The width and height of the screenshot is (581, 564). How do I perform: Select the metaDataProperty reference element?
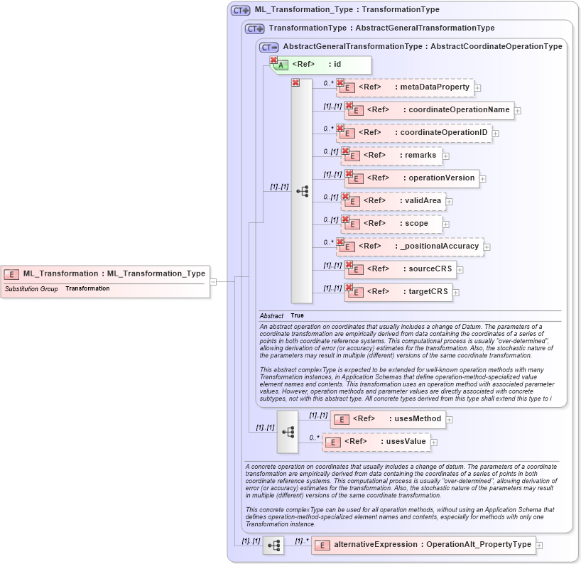pos(405,87)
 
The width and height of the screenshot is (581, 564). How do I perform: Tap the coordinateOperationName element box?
pos(430,110)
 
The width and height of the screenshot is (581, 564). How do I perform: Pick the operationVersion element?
pos(412,178)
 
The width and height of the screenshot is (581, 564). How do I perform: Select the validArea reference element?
pos(394,201)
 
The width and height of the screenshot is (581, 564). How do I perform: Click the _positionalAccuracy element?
pos(410,246)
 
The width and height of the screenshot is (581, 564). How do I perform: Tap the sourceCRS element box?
pos(401,269)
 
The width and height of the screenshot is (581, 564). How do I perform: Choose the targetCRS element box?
pos(398,292)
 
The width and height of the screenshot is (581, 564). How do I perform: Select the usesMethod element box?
pos(389,419)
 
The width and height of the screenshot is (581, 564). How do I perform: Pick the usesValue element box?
pos(376,442)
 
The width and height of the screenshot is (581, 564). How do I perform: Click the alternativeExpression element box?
pos(423,545)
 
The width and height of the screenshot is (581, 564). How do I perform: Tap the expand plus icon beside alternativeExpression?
pos(540,546)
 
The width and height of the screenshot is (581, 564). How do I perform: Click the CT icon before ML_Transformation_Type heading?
pos(241,10)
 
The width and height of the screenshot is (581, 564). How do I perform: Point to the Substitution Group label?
pos(31,289)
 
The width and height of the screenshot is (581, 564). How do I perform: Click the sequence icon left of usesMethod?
pos(288,431)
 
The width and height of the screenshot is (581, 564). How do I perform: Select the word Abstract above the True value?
pos(271,315)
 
